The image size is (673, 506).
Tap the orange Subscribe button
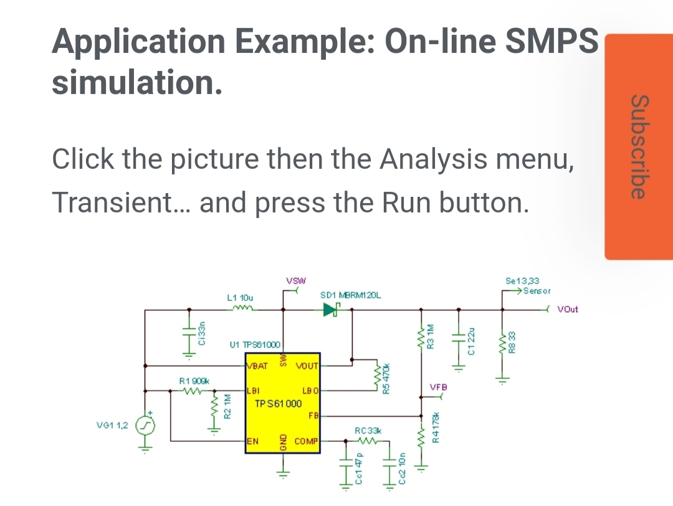(x=638, y=147)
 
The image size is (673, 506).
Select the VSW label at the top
(x=294, y=280)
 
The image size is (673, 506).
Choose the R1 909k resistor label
(x=194, y=380)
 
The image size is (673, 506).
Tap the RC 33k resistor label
(x=368, y=431)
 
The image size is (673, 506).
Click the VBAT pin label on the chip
(x=257, y=366)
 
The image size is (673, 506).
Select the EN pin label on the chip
(x=253, y=441)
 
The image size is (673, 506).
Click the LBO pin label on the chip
(x=310, y=391)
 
